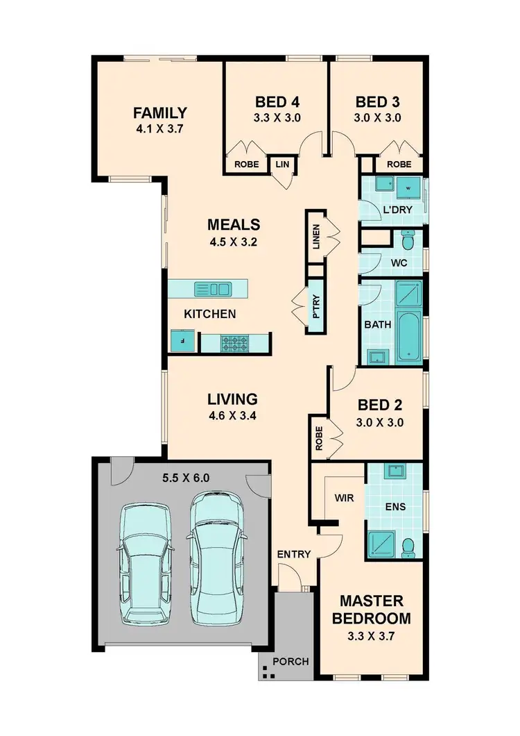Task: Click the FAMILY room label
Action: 160,112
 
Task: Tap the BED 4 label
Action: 277,101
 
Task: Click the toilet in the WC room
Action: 409,241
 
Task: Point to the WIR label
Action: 345,498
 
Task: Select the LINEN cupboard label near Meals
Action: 316,237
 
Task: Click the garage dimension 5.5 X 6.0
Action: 186,478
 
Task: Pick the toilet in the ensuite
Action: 408,546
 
